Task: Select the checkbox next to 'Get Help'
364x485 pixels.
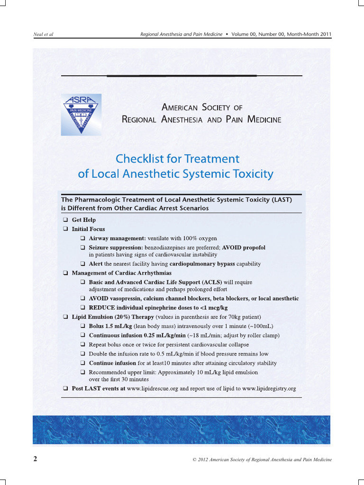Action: coord(65,220)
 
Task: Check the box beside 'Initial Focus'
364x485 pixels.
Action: coord(65,229)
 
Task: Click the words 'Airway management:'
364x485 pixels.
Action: coord(118,238)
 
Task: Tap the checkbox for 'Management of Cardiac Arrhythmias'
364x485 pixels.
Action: coord(65,273)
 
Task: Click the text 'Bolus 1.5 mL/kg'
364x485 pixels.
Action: coord(110,326)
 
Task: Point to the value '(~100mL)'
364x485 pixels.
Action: coord(261,326)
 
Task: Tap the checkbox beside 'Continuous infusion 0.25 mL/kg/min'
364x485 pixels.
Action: coord(83,336)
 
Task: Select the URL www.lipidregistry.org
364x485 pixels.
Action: coord(269,389)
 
